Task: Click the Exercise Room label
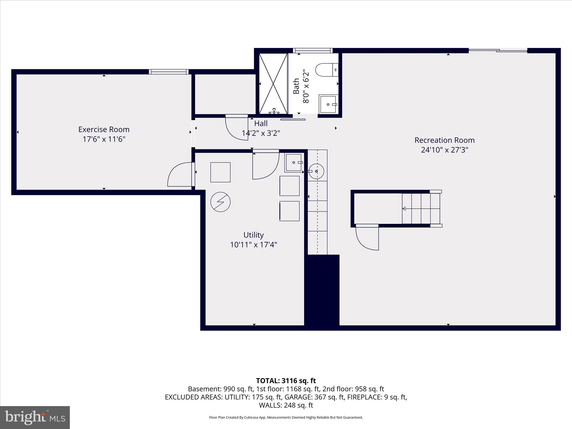click(104, 130)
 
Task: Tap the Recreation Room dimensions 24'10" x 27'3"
click(444, 150)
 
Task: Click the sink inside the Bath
click(328, 104)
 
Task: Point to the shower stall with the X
click(273, 84)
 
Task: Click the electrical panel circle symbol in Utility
click(220, 202)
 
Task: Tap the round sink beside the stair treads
click(316, 171)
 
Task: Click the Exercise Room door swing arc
click(179, 175)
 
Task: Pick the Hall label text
click(261, 123)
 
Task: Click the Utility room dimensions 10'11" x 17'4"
click(253, 245)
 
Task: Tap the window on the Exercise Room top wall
click(169, 72)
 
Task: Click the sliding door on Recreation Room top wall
click(498, 51)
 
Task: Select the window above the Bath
click(313, 51)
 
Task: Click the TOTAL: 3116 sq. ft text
click(286, 381)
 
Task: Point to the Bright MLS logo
click(35, 417)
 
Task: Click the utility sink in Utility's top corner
click(294, 163)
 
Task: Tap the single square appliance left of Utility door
click(220, 172)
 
